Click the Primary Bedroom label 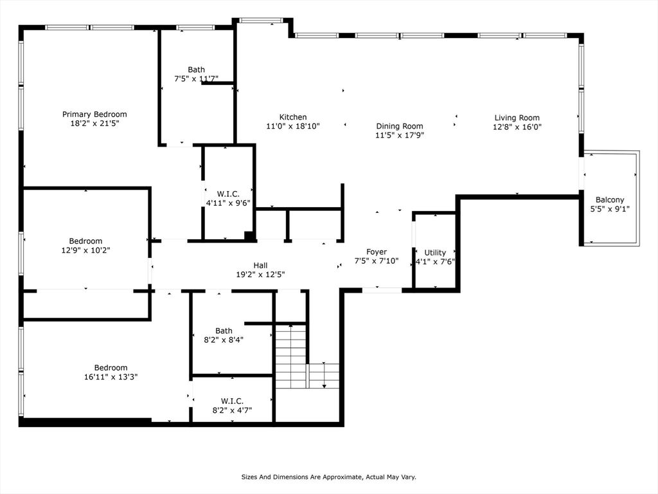pos(94,114)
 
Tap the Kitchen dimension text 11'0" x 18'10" pos(293,126)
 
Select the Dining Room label pos(400,126)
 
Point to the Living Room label pos(517,118)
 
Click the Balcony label pos(610,200)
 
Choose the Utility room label pos(435,253)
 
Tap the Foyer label pos(377,252)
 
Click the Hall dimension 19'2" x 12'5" pos(260,275)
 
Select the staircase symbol pos(291,357)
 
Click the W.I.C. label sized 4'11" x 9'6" pos(228,194)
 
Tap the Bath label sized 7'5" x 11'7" pos(197,69)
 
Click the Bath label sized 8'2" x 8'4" pos(224,331)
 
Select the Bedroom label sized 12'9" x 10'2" pos(86,241)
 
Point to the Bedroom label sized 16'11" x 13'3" pos(111,368)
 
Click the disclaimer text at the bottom pos(329,477)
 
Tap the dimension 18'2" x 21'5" pos(94,123)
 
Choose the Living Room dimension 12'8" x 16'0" pos(517,127)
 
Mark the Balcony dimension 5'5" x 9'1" pos(610,208)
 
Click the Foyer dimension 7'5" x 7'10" pos(377,261)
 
